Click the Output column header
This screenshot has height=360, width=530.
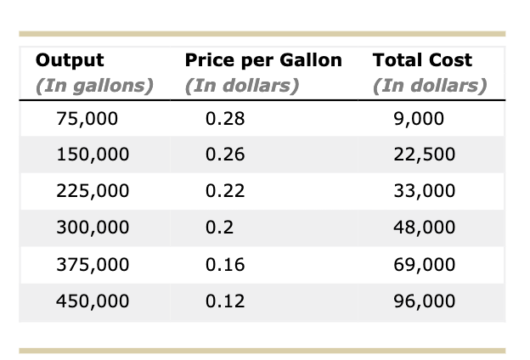[70, 60]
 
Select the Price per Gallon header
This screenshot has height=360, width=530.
[262, 60]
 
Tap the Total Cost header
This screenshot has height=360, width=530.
[422, 60]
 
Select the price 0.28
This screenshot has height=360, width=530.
[225, 119]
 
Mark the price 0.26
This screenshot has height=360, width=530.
[225, 155]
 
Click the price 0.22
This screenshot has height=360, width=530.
[225, 191]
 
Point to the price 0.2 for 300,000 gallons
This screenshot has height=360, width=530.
[220, 228]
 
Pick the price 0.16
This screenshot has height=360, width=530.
[225, 264]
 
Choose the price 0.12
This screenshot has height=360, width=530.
[225, 301]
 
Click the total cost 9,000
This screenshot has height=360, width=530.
[420, 119]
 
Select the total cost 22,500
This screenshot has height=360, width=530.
[425, 155]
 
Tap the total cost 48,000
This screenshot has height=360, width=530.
[425, 228]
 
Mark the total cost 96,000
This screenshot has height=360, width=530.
[425, 301]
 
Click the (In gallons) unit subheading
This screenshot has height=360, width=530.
[94, 86]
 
